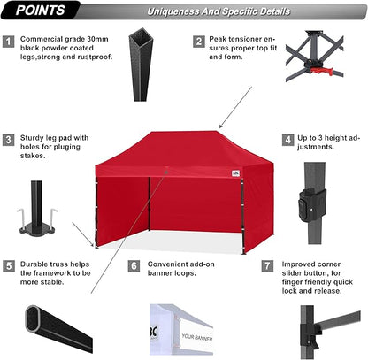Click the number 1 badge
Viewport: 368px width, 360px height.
pyautogui.click(x=9, y=41)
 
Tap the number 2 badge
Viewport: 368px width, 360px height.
pyautogui.click(x=200, y=41)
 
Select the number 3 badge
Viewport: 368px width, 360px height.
pyautogui.click(x=9, y=139)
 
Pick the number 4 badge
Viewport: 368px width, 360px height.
pyautogui.click(x=288, y=139)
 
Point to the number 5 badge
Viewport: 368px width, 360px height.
pyautogui.click(x=9, y=265)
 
